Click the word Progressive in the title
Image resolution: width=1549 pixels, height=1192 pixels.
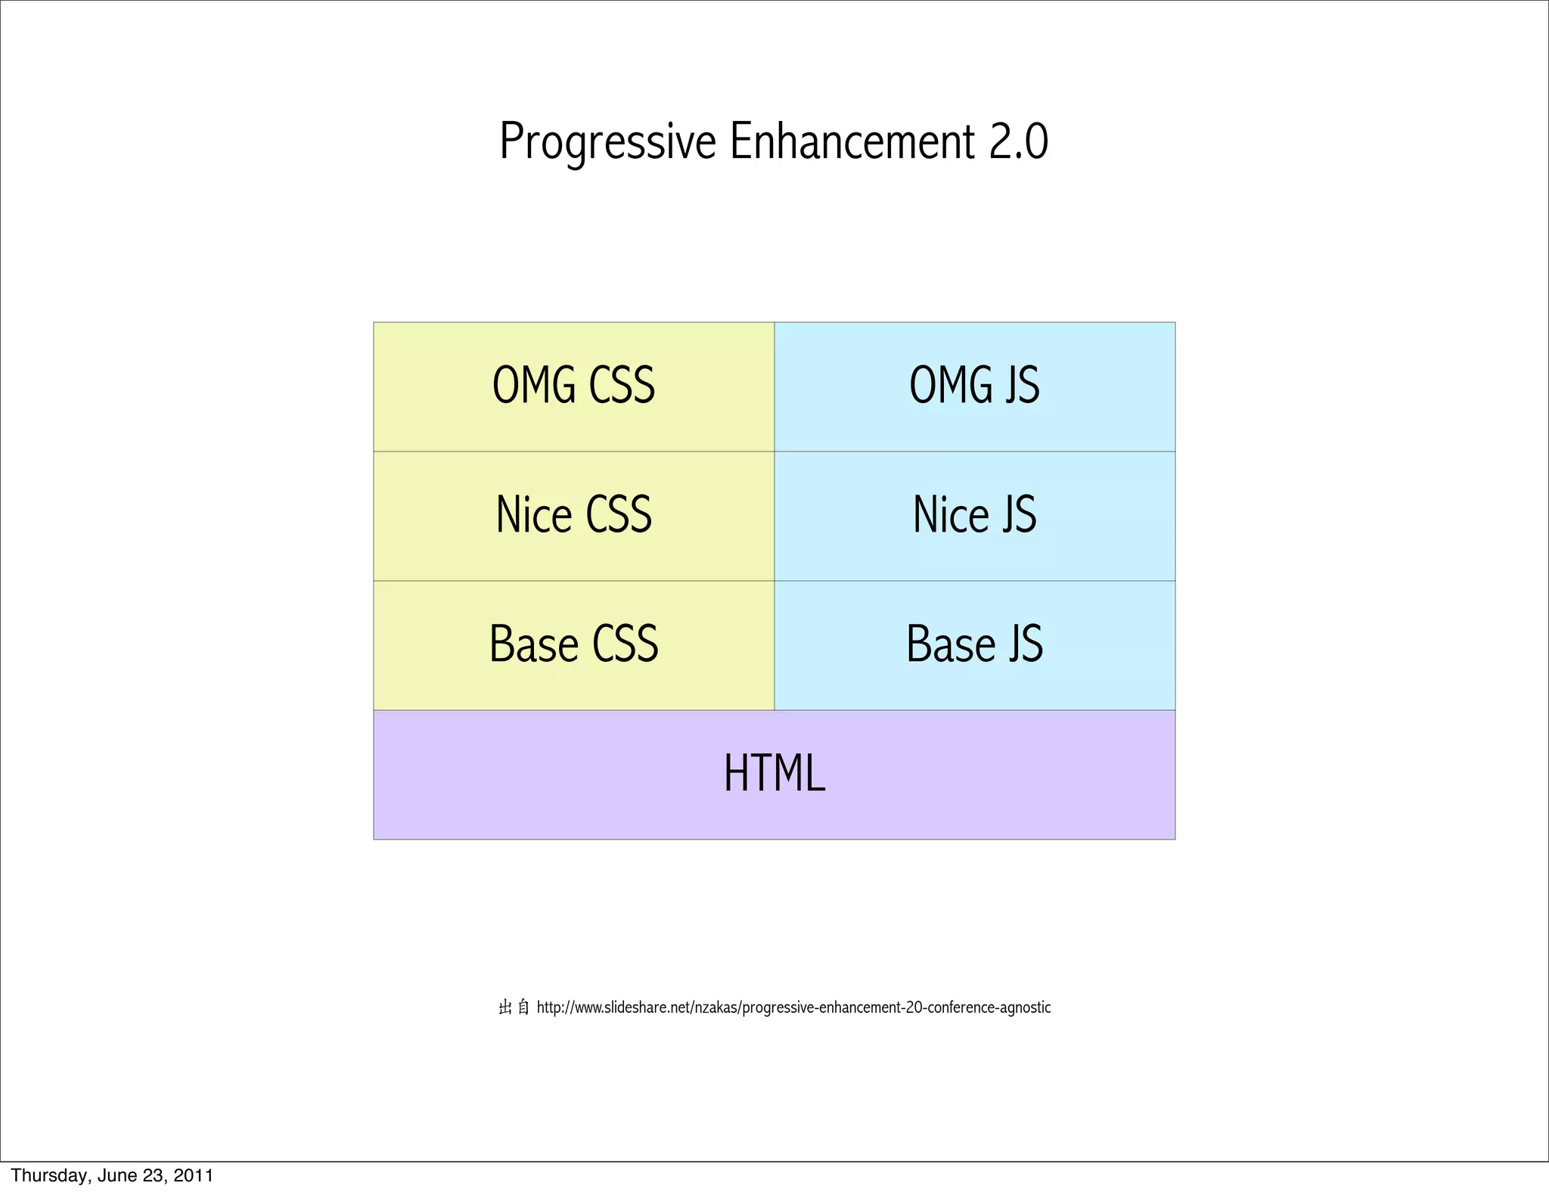pos(607,142)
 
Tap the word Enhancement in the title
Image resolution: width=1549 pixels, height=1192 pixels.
pos(852,142)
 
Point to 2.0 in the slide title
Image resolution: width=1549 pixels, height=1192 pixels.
pos(1019,142)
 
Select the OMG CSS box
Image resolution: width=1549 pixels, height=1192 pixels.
pos(573,386)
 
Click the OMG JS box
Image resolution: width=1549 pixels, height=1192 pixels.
pos(974,386)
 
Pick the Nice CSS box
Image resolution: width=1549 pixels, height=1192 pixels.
pos(573,516)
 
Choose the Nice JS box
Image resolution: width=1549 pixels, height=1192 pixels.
pos(974,516)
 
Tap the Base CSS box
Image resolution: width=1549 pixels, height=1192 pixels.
pos(573,645)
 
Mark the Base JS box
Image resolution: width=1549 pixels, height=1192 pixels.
pos(974,645)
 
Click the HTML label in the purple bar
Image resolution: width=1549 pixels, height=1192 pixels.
pos(774,774)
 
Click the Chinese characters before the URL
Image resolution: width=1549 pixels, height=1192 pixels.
pos(514,1007)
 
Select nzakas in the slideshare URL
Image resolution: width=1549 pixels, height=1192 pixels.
pos(716,1007)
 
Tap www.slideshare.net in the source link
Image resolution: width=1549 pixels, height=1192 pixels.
pos(633,1007)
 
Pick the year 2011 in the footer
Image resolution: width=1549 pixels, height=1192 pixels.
pos(194,1175)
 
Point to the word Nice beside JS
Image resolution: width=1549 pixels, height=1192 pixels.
pos(951,516)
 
